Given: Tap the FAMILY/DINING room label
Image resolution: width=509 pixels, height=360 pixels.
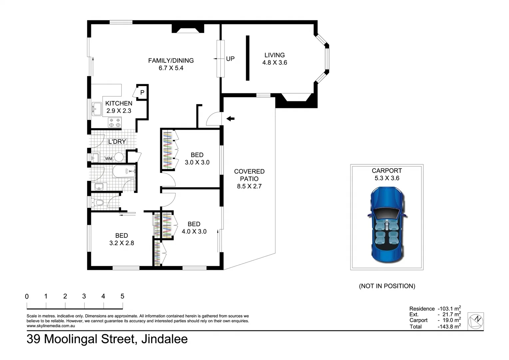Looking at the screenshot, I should [171, 64].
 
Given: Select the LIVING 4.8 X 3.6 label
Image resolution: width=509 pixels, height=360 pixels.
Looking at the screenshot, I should [274, 59].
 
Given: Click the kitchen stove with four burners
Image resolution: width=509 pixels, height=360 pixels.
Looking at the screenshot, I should [115, 122].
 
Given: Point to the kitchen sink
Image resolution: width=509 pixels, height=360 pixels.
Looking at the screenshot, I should [97, 109].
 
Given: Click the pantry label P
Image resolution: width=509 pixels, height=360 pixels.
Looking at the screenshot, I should [142, 92].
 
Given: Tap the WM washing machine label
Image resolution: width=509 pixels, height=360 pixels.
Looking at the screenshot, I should [109, 159].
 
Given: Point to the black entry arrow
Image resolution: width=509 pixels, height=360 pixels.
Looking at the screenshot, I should [230, 118].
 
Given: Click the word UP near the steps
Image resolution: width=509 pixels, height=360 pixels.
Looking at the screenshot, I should [230, 59].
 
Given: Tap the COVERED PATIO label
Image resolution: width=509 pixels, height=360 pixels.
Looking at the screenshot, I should [249, 179].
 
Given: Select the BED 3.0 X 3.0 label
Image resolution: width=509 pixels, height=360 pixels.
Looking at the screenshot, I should [197, 159].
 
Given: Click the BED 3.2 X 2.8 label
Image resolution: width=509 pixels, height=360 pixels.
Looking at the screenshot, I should [122, 239].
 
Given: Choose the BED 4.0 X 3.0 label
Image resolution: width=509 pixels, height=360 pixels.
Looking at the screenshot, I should [194, 228].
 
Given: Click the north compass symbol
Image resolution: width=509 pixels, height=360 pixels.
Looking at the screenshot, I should [476, 321].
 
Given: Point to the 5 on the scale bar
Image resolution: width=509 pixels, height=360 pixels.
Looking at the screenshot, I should [122, 296].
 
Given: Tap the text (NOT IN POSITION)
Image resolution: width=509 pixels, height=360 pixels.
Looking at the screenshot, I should [387, 286].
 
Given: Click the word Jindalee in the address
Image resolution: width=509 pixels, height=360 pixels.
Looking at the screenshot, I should [164, 339].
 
